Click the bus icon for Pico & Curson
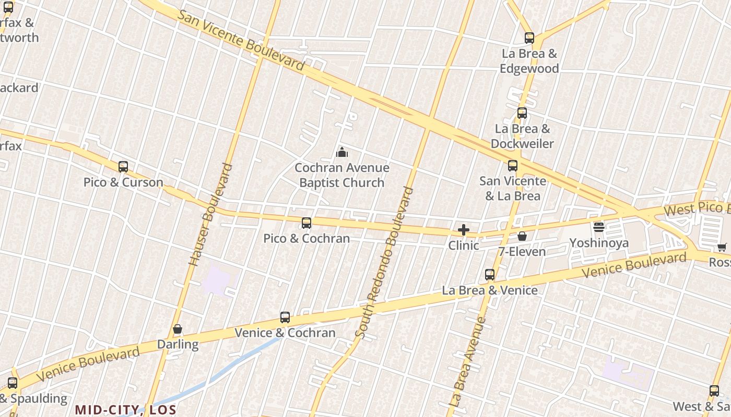pyautogui.click(x=123, y=167)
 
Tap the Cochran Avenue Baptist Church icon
pyautogui.click(x=342, y=152)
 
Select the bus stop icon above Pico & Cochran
pyautogui.click(x=306, y=223)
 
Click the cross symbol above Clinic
pyautogui.click(x=463, y=230)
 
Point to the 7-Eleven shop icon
pyautogui.click(x=522, y=237)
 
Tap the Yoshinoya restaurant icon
pyautogui.click(x=599, y=227)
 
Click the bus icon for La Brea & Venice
pyautogui.click(x=490, y=275)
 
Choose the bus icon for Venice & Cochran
pyautogui.click(x=285, y=317)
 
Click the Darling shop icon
pyautogui.click(x=178, y=329)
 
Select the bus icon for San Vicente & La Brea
pyautogui.click(x=513, y=166)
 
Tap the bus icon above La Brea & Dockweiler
pyautogui.click(x=522, y=113)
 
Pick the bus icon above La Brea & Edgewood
pyautogui.click(x=529, y=38)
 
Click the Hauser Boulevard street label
pyautogui.click(x=210, y=215)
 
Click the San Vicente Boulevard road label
pyautogui.click(x=241, y=40)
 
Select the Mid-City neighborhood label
pyautogui.click(x=125, y=410)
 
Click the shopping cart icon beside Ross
pyautogui.click(x=722, y=248)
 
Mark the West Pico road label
pyautogui.click(x=697, y=208)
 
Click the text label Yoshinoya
pyautogui.click(x=599, y=243)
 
